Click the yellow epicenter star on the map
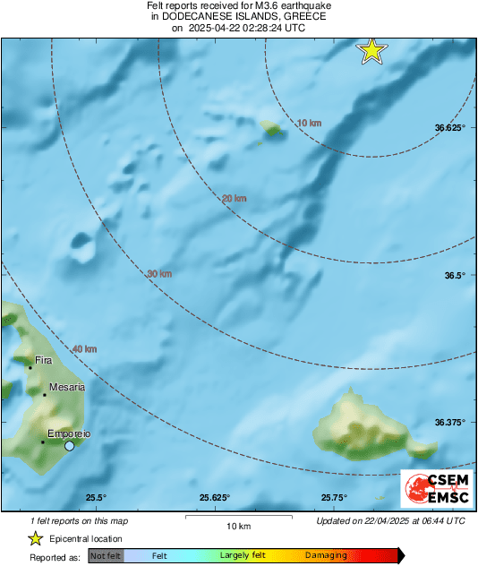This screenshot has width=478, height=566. click(x=371, y=51)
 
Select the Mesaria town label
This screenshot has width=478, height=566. click(x=67, y=387)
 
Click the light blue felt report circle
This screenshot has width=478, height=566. click(x=69, y=445)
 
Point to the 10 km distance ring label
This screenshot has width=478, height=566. click(x=309, y=122)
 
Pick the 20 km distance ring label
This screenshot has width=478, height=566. click(x=235, y=198)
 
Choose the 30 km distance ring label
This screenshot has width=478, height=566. click(x=159, y=273)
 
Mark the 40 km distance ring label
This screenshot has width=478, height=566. click(x=84, y=348)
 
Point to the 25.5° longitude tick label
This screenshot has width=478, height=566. click(x=96, y=498)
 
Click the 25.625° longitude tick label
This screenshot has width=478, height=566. click(x=215, y=498)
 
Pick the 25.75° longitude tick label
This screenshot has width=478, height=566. click(x=334, y=498)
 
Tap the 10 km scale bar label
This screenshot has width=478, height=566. click(x=237, y=525)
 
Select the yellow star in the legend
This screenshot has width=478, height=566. click(x=35, y=538)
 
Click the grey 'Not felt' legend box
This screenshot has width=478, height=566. click(x=105, y=555)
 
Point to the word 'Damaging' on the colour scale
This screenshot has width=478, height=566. click(x=326, y=555)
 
